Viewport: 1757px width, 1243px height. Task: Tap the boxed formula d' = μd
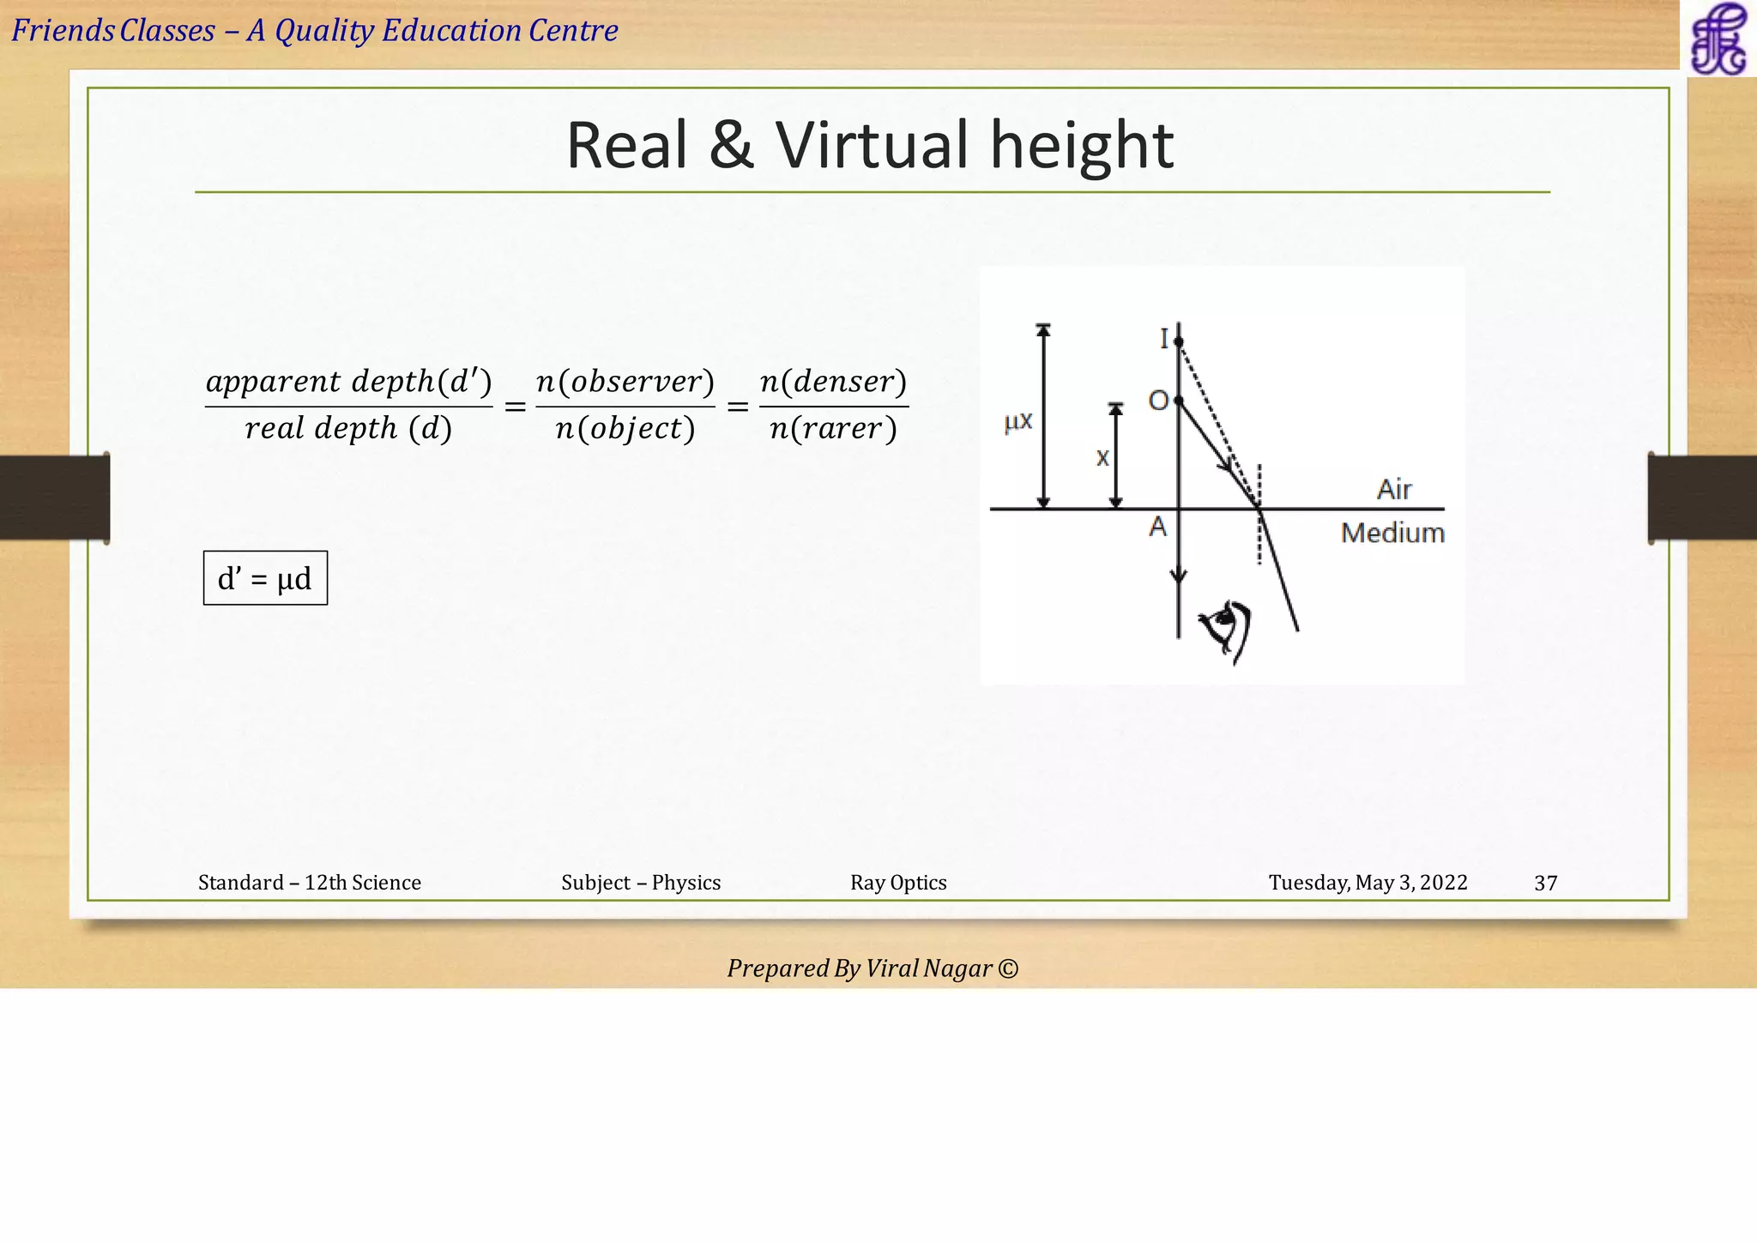265,579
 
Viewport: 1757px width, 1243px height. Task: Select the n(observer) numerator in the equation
625,382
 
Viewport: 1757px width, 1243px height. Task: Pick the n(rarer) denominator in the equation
833,428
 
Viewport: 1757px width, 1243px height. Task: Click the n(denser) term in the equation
833,382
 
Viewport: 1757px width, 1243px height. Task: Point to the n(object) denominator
625,428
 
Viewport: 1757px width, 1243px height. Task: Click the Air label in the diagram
1394,490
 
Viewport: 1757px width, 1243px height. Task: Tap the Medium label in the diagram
1392,534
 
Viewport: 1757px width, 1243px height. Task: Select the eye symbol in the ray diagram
1228,630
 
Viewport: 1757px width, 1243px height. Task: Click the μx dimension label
1018,421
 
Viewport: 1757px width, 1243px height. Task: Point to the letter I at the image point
1164,340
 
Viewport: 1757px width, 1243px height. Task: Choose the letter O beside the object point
1158,401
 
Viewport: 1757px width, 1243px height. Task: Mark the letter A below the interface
1158,527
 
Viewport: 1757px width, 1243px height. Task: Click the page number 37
1545,884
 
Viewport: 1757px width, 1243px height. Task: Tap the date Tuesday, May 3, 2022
1368,883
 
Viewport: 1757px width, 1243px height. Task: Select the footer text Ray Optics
898,883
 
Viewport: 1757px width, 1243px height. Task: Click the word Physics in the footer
686,883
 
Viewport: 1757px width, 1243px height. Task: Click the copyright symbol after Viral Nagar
1009,968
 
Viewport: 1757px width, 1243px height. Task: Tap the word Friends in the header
63,31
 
